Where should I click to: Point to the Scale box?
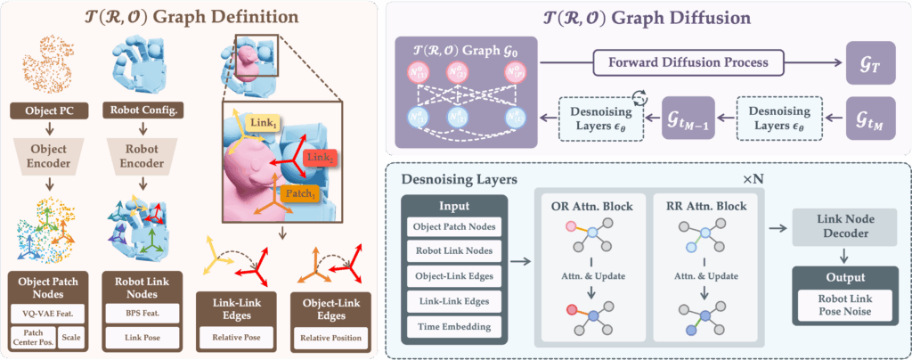coord(74,340)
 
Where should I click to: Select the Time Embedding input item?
coord(454,327)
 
